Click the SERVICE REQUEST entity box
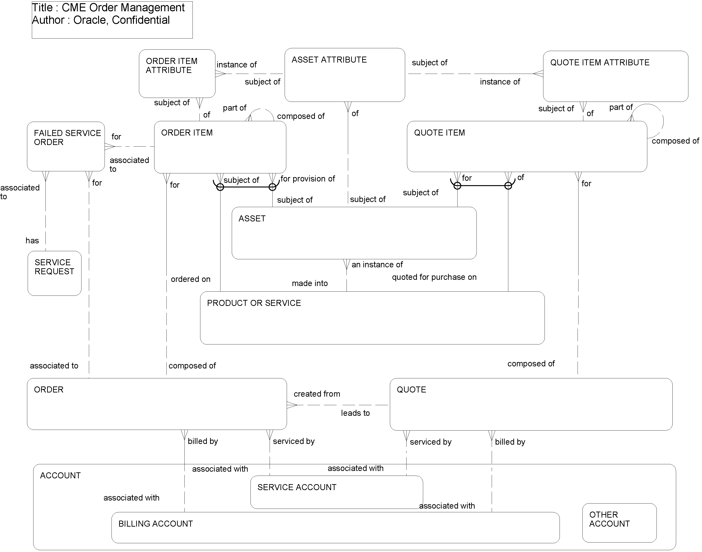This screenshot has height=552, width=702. point(54,273)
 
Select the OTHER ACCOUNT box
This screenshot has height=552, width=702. point(619,523)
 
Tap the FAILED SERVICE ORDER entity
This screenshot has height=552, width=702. point(66,146)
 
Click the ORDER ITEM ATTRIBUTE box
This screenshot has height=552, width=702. point(177,73)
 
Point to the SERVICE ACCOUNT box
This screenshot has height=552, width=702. point(336,492)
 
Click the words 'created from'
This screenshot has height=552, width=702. point(317,394)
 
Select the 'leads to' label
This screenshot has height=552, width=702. point(355,413)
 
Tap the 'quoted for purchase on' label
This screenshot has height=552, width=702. point(434,277)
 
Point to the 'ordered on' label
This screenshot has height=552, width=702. point(190,279)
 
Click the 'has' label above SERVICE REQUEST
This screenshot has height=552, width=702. point(32,241)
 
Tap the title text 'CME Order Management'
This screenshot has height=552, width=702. point(123,7)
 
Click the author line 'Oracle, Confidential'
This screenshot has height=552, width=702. point(121,20)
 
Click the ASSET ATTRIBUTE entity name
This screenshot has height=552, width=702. point(329,60)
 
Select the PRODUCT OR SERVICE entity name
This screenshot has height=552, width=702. point(254,303)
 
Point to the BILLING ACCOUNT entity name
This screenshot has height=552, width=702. point(155,524)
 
